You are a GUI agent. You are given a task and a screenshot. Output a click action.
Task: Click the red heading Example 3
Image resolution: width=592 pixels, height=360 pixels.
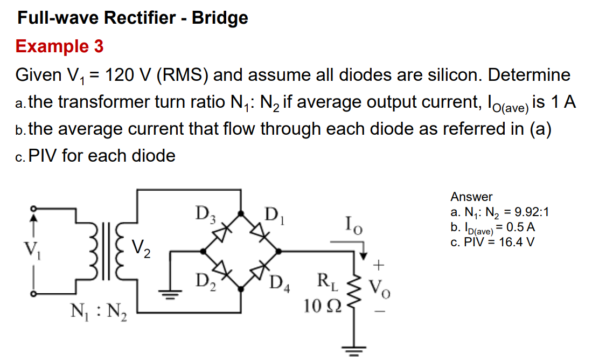pyautogui.click(x=59, y=46)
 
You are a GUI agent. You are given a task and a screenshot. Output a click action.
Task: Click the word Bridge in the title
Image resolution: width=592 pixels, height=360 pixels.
pyautogui.click(x=220, y=18)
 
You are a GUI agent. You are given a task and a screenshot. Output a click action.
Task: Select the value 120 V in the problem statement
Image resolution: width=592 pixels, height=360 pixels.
pyautogui.click(x=129, y=74)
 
